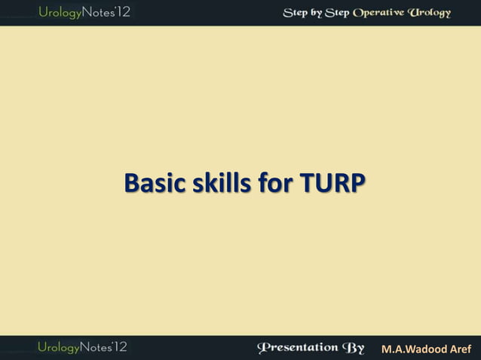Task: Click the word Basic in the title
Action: coord(152,183)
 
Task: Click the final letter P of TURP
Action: coord(351,183)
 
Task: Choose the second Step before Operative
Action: coord(339,13)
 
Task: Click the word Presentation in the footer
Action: coord(298,348)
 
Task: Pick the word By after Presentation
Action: coord(354,348)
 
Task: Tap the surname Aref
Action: coord(461,349)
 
